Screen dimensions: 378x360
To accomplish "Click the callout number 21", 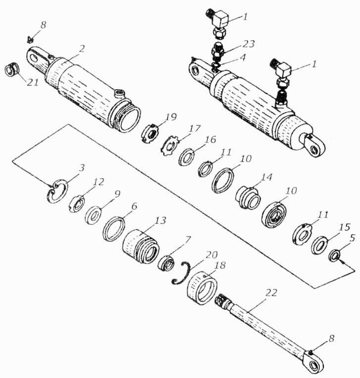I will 33,82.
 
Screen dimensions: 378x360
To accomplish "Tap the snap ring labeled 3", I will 56,190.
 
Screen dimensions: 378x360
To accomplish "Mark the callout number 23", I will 248,44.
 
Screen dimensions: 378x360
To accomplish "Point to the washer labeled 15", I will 319,245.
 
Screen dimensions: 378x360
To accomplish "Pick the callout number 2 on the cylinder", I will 82,49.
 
